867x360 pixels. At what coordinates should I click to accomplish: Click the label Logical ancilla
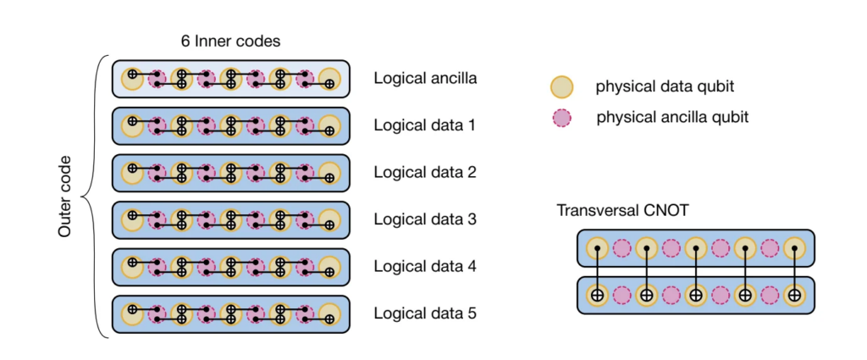[x=425, y=79]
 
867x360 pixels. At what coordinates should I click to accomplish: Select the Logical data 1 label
[x=424, y=125]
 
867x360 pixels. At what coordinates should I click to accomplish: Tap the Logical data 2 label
[x=424, y=172]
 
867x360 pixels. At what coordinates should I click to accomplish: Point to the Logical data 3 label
[x=424, y=219]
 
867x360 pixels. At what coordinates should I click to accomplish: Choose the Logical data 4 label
[x=424, y=266]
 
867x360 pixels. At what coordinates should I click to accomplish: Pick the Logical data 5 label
[x=424, y=313]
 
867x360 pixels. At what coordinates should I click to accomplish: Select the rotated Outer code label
[x=66, y=196]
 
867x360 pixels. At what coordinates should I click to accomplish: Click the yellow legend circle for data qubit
[x=561, y=86]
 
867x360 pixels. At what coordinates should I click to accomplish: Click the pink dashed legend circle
[x=561, y=118]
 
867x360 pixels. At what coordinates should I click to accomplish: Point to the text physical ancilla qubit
[x=672, y=117]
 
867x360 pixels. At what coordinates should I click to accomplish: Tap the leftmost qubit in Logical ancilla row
[x=131, y=80]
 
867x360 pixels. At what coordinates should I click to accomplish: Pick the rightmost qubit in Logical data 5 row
[x=329, y=314]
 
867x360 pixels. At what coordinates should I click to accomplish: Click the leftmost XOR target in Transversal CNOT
[x=597, y=296]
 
